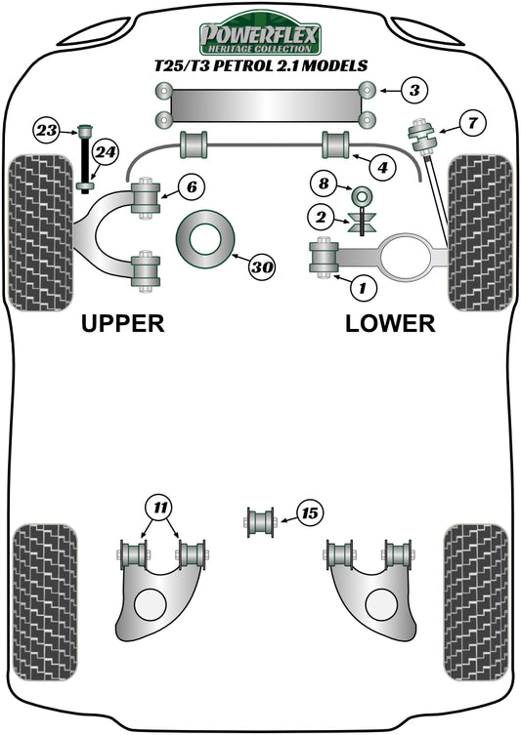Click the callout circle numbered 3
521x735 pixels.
point(413,92)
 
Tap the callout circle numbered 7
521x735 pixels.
point(472,123)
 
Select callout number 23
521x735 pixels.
point(46,129)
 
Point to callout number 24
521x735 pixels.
point(106,151)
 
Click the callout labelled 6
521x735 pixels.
point(190,185)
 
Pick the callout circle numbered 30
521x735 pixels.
point(262,265)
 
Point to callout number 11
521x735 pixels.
point(158,507)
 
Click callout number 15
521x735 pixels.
point(310,512)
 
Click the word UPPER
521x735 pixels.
point(122,323)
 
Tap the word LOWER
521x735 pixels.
point(390,323)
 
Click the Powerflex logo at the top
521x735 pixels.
point(260,36)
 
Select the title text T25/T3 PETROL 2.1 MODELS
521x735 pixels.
point(261,66)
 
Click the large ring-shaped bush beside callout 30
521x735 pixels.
point(207,239)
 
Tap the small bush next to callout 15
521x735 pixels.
point(260,519)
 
